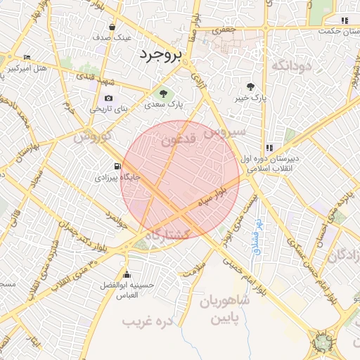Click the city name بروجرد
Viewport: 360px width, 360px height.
coord(160,54)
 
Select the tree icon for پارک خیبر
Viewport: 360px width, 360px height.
coord(251,86)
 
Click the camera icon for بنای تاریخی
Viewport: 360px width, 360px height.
coord(108,98)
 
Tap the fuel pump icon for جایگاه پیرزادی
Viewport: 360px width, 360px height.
coord(117,167)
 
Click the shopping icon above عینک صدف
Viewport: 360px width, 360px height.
coord(112,27)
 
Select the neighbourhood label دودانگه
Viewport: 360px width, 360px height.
coord(290,66)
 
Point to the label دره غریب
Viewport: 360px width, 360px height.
coord(148,321)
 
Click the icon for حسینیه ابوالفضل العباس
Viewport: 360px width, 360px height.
coord(127,274)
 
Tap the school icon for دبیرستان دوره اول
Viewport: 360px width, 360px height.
coord(269,148)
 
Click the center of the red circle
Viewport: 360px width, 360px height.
coord(180,180)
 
